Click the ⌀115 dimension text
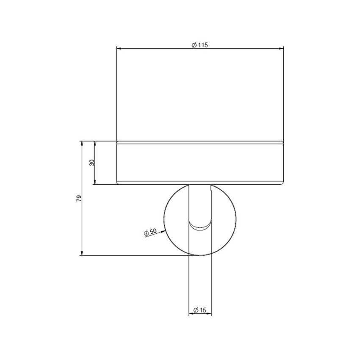(x=199, y=45)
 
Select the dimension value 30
(x=91, y=163)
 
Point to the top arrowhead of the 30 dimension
(x=95, y=143)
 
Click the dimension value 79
(x=78, y=198)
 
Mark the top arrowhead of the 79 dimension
(x=81, y=143)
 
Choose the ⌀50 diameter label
(x=150, y=232)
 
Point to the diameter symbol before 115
(x=193, y=45)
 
